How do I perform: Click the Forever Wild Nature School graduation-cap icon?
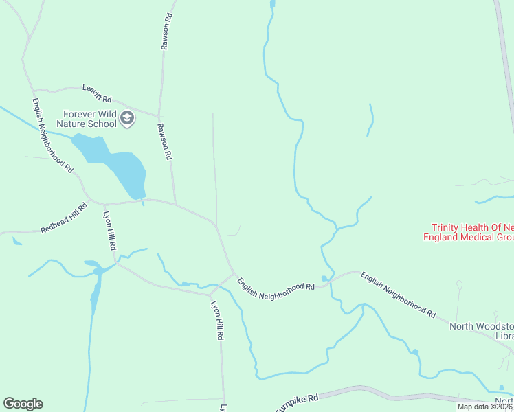pos(126,119)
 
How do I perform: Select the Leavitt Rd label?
pos(97,93)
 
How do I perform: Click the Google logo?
pos(23,404)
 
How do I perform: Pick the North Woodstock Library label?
pos(481,331)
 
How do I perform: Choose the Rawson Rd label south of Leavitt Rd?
pos(164,141)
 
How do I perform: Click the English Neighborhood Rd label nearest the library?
pos(398,296)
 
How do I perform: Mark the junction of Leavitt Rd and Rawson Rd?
pos(159,115)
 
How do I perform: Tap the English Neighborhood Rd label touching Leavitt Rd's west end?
pos(52,134)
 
